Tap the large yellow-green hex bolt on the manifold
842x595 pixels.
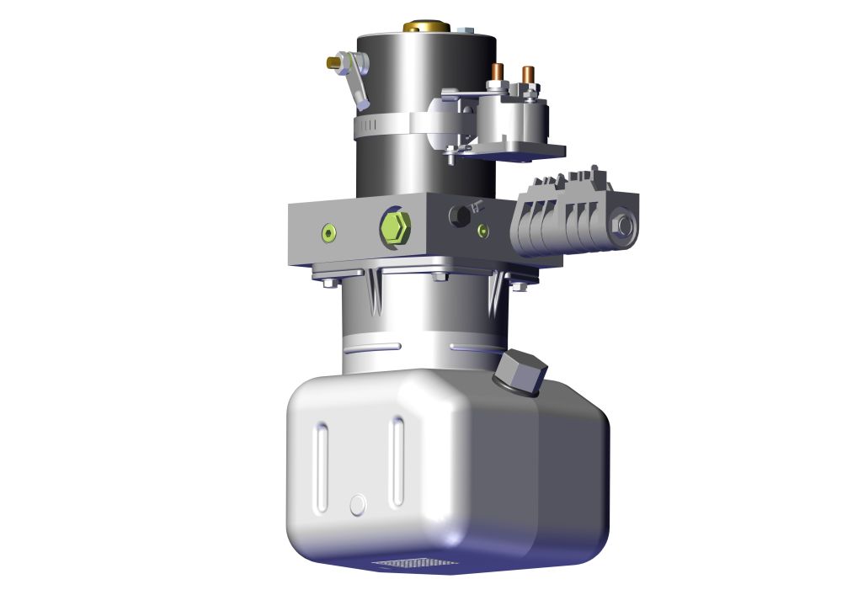click(394, 226)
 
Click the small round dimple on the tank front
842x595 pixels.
click(358, 503)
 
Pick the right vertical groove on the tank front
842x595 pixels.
click(397, 462)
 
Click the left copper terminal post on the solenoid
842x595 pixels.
click(498, 74)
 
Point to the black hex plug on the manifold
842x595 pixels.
click(460, 216)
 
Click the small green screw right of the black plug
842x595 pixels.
click(482, 230)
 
